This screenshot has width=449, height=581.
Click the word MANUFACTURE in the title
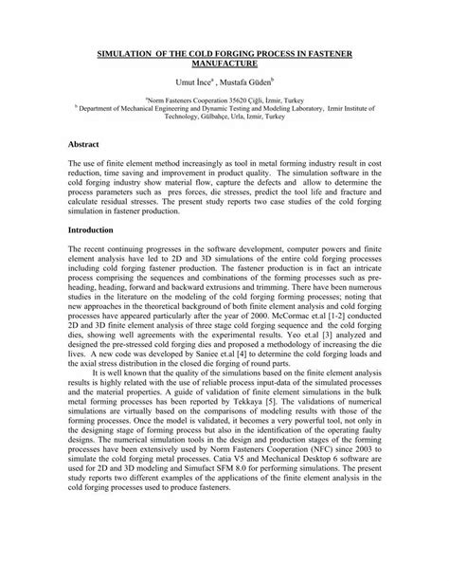tap(224, 69)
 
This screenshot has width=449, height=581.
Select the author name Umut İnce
tap(190, 84)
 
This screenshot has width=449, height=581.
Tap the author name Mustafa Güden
tap(249, 84)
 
